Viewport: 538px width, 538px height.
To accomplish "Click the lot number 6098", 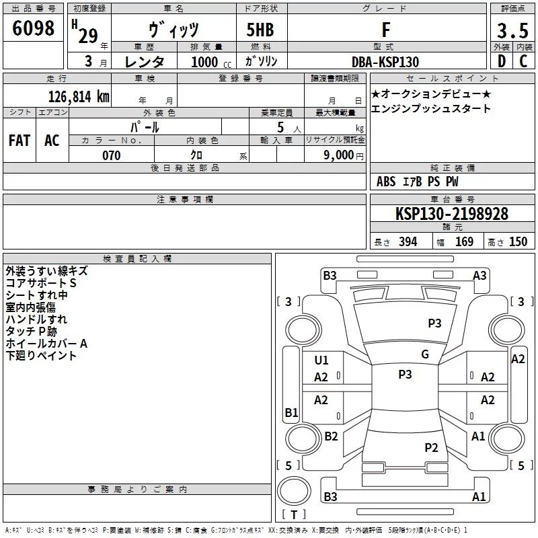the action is coord(33,30).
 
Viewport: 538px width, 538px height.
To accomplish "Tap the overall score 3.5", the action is coord(512,30).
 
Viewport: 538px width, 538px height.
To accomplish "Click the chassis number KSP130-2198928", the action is coord(452,215).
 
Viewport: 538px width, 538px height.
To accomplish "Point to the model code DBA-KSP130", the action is coord(385,62).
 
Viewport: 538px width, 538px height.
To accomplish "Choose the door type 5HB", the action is coord(260,30).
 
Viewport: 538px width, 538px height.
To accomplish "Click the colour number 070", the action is coord(111,155).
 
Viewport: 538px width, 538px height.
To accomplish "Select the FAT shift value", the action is coord(20,141).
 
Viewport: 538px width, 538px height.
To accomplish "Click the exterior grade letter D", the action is coord(501,61).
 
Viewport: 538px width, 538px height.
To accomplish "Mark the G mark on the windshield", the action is coord(425,354).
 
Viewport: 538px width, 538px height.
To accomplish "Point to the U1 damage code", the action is coord(321,360).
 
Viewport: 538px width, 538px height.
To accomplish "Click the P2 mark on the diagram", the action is coord(431,447).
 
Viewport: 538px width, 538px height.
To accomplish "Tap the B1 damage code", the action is coord(291,412).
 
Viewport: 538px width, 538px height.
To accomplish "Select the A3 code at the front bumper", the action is coord(479,275).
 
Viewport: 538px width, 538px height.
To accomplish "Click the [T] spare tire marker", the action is coord(294,515).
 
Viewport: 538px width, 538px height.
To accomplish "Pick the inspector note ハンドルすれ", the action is coord(36,319).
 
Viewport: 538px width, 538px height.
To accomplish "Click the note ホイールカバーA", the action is coord(46,344).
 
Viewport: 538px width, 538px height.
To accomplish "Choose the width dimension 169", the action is coord(464,242).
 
